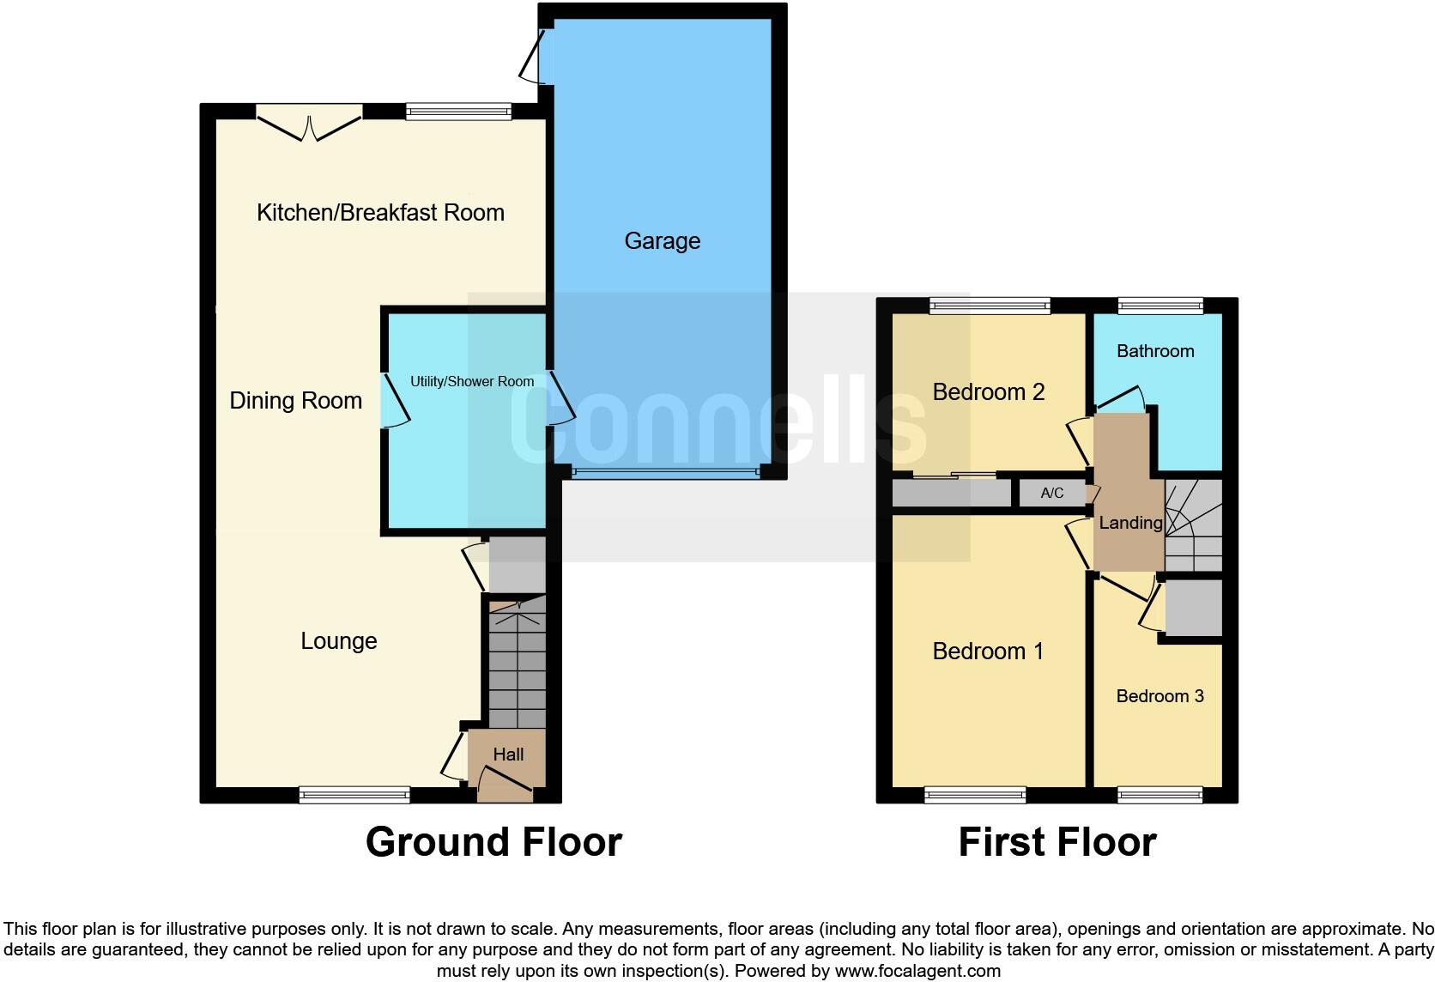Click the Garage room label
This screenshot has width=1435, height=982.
coord(662,241)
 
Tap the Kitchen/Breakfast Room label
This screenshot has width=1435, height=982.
coord(380,213)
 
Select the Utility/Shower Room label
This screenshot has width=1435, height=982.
coord(471,382)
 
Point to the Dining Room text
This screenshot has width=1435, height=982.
coord(295,401)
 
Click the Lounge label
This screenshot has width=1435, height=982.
coord(338,641)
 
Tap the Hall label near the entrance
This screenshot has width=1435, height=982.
coord(508,755)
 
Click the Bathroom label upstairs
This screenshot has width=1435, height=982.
coord(1155,351)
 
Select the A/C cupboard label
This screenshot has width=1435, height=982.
coord(1051,493)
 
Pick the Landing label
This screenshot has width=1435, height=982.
coord(1130,523)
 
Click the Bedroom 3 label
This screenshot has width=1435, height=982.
coord(1160,696)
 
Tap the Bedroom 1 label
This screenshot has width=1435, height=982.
coord(988,652)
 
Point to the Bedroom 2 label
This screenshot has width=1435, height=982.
coord(988,392)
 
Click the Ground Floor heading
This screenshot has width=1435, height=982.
coord(493,842)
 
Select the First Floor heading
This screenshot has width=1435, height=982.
coord(1057,842)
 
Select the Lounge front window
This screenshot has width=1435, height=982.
coord(354,795)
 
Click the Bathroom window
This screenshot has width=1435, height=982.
coord(1160,305)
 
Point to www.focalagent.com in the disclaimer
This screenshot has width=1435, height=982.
coord(917,972)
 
